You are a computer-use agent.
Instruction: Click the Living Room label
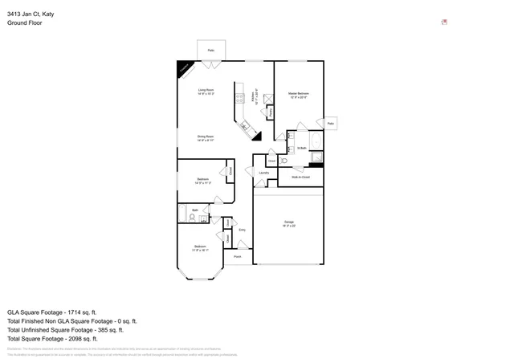click(206, 90)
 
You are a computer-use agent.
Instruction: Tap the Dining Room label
click(206, 137)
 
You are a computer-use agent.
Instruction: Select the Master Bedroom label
click(299, 94)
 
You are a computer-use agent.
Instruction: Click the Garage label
click(289, 222)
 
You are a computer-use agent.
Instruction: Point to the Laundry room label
click(263, 173)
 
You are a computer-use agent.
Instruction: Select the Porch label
click(237, 256)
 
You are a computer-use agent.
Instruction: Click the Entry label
click(242, 230)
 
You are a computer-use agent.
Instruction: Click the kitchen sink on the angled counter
click(245, 125)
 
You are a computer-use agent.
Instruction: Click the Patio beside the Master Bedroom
click(331, 123)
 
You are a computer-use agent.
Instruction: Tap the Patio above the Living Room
click(211, 50)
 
